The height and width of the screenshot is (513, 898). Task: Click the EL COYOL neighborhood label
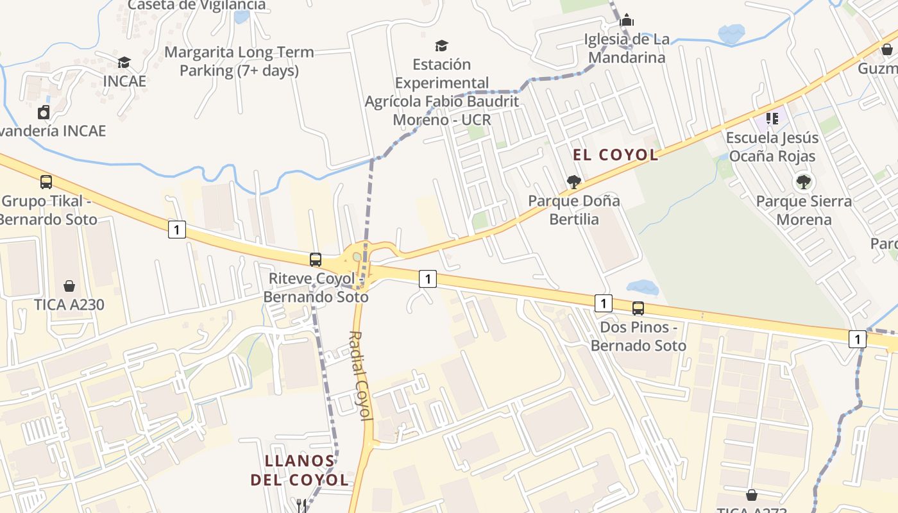point(615,155)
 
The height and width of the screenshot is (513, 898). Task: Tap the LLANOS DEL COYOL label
point(300,470)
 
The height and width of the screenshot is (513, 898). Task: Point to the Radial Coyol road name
point(361,375)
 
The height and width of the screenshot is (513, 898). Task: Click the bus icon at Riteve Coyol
point(316,260)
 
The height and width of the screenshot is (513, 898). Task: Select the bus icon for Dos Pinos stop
point(638,308)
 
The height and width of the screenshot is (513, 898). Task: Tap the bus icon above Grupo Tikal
point(46,182)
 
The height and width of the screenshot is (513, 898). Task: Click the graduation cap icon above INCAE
point(124,62)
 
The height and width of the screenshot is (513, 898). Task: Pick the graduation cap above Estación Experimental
point(441,46)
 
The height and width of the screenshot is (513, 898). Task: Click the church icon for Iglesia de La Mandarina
point(627,21)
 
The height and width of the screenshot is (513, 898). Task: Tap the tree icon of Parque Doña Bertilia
point(574,182)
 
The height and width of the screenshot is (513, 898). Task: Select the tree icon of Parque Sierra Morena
point(803,182)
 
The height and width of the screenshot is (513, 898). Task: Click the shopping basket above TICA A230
point(69,286)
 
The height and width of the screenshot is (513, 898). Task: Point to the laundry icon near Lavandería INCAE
point(44,112)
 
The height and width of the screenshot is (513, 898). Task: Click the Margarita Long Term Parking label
point(239,61)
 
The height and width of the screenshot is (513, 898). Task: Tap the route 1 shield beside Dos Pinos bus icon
point(603,303)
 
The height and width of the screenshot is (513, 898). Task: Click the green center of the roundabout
point(357,257)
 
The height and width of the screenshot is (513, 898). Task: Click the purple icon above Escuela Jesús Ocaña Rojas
point(772,119)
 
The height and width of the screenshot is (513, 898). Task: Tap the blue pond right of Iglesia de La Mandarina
point(731,33)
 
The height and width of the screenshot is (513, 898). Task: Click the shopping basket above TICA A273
point(751,495)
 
